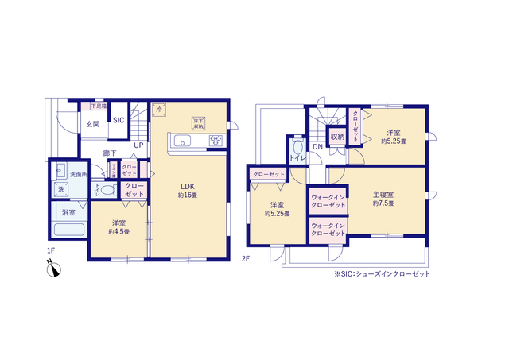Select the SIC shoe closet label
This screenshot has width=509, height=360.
[119, 121]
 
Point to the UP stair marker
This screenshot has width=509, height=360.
[138, 145]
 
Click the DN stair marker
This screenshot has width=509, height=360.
[317, 146]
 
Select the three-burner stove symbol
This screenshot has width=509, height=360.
[216, 141]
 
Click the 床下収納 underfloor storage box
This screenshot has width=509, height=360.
[198, 122]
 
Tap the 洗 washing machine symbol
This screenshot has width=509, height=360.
[60, 189]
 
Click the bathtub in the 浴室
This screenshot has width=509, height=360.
[69, 230]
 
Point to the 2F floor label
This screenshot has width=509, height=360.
[247, 258]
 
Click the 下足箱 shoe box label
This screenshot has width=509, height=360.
[98, 106]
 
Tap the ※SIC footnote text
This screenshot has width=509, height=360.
[382, 273]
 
